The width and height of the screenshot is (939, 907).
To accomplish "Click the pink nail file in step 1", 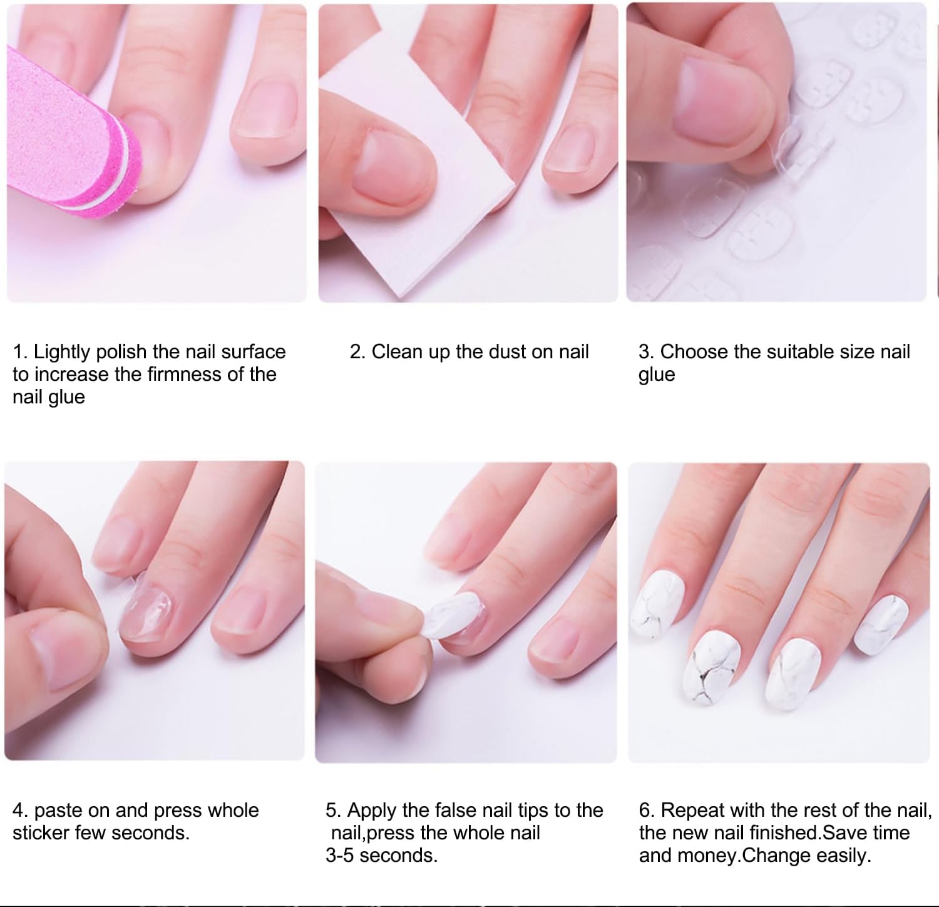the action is pyautogui.click(x=69, y=144).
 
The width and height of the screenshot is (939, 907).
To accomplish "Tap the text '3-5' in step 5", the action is pyautogui.click(x=340, y=856).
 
